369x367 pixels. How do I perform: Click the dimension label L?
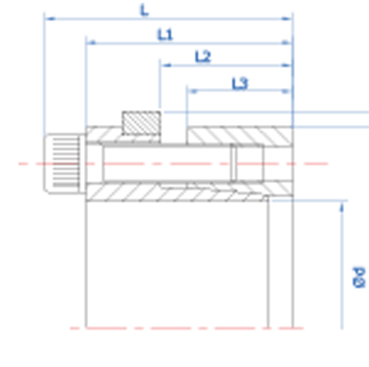144,10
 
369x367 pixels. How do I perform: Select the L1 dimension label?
165,35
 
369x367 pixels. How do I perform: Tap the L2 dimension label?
203,57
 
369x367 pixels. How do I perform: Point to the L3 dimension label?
240,84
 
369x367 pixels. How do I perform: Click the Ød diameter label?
359,277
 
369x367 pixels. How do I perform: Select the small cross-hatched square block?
141,123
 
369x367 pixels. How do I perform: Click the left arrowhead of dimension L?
50,19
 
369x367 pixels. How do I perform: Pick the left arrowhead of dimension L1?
92,43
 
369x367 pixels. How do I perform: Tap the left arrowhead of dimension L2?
166,65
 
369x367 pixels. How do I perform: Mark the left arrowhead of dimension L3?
193,91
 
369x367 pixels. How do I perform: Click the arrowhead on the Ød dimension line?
342,207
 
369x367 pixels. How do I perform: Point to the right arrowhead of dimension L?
287,19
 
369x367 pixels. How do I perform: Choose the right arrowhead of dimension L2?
287,65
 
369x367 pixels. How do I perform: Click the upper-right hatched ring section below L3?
240,136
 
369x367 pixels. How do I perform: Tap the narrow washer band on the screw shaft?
233,164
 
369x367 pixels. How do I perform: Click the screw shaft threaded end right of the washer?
250,164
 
